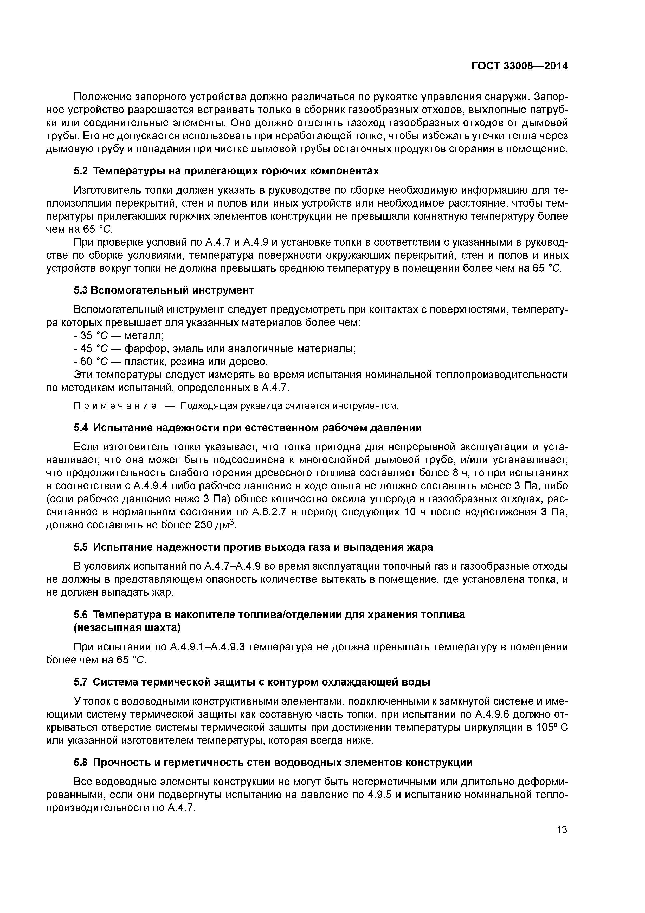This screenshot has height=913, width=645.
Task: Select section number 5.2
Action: [x=81, y=171]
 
